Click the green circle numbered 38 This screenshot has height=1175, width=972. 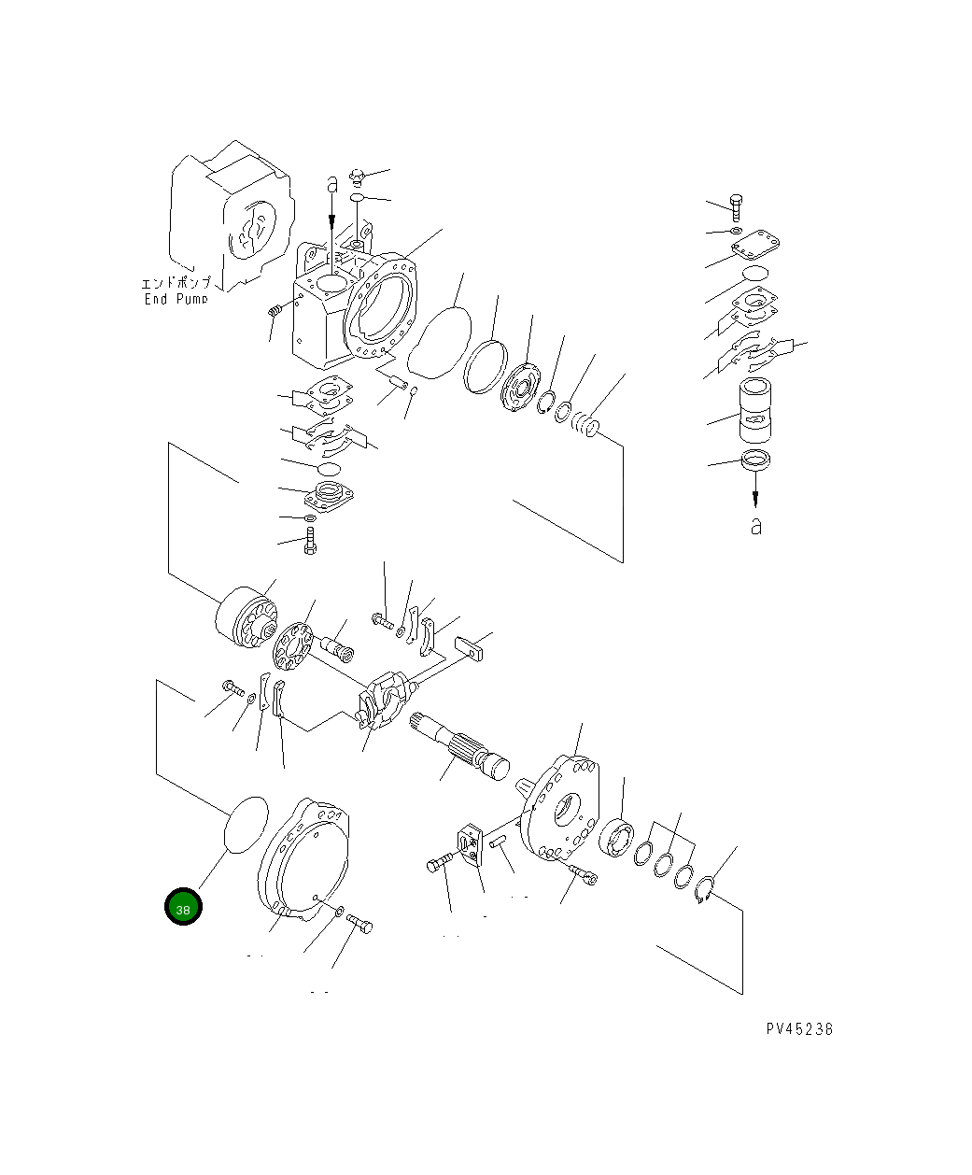click(183, 907)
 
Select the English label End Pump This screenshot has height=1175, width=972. click(175, 299)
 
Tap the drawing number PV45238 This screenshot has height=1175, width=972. click(799, 1028)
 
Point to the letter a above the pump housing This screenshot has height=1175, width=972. click(331, 184)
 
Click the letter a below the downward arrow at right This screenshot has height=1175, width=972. click(755, 526)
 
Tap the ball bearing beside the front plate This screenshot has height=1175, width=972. click(618, 837)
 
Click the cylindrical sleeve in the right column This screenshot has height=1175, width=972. click(755, 412)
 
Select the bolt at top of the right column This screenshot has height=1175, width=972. click(735, 207)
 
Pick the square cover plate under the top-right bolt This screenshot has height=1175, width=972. click(755, 248)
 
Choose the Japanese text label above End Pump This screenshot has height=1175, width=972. click(176, 283)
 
